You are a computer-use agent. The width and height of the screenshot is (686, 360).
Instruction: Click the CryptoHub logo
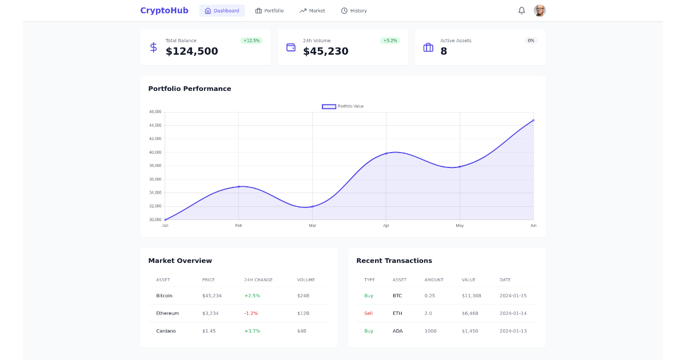(164, 10)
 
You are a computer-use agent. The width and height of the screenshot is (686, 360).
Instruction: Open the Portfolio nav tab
(269, 11)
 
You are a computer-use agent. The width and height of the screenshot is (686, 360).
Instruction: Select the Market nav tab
(312, 11)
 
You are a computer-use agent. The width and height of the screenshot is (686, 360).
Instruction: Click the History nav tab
(354, 11)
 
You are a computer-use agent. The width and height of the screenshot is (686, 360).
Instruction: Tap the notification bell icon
(521, 10)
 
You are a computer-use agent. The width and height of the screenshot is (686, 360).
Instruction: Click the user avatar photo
(540, 10)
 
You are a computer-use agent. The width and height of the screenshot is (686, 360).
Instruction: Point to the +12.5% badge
(252, 41)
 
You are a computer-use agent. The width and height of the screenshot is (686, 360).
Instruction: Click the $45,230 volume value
(325, 51)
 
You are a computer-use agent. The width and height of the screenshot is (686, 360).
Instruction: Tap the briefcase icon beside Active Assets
(428, 47)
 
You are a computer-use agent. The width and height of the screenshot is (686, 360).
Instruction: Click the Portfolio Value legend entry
(343, 106)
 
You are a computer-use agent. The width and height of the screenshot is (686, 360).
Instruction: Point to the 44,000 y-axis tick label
(154, 125)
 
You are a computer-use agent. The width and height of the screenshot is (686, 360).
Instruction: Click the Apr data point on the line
(386, 153)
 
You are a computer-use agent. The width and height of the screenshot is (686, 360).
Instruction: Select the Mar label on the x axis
(312, 226)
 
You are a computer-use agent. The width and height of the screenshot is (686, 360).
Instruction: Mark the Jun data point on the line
(533, 121)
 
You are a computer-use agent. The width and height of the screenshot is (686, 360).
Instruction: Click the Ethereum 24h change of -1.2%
(251, 313)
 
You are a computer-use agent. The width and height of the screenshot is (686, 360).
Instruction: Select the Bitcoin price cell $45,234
(212, 295)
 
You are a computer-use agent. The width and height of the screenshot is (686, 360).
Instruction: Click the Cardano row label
(166, 331)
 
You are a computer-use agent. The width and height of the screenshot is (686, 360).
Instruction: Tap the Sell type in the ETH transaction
(368, 313)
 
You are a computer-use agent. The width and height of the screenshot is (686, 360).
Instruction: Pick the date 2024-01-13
(513, 331)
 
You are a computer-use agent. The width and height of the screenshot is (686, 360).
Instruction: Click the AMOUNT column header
(434, 280)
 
